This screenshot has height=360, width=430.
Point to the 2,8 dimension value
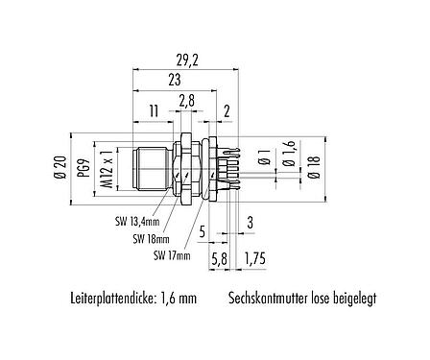(x=186, y=99)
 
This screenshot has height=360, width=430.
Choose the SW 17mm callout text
(x=172, y=255)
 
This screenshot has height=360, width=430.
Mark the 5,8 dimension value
(x=219, y=258)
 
